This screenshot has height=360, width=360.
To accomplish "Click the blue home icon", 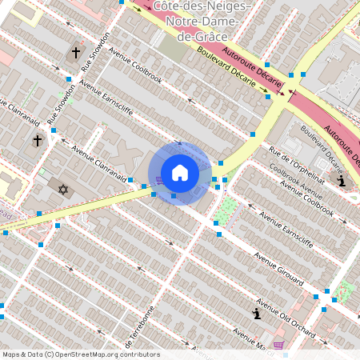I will (x=179, y=173).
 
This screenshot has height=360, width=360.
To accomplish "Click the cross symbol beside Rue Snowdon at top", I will (x=76, y=53).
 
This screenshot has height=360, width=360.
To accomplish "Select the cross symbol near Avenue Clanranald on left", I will (x=37, y=141).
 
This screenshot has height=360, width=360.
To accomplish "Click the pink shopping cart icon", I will (x=278, y=345).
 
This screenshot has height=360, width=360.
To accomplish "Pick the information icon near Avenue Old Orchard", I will (x=256, y=312).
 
